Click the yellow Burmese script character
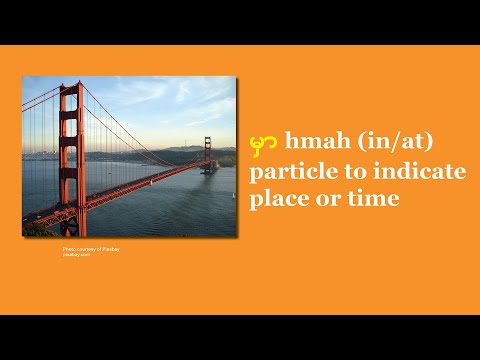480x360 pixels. click(265, 144)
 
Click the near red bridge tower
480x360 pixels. click(70, 150)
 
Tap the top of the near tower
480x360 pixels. click(70, 88)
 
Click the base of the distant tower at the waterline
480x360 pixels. click(209, 171)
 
